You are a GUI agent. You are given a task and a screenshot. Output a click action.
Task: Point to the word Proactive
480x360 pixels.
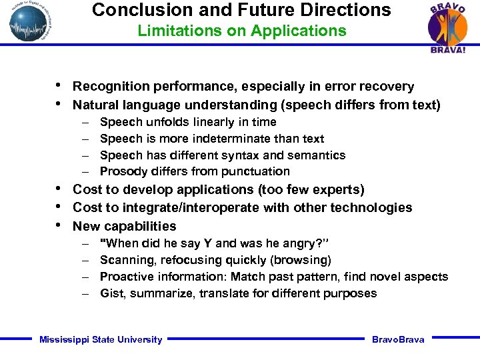pos(125,277)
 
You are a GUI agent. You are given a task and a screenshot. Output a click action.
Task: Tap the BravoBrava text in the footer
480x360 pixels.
pos(398,340)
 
